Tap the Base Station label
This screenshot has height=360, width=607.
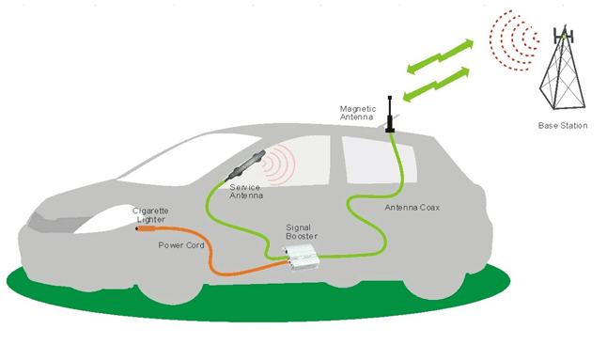563,125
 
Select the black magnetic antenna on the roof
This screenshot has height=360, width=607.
390,114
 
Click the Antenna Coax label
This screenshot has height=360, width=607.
409,205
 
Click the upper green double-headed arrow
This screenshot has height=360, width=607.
438,54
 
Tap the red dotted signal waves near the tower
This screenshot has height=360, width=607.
512,42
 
